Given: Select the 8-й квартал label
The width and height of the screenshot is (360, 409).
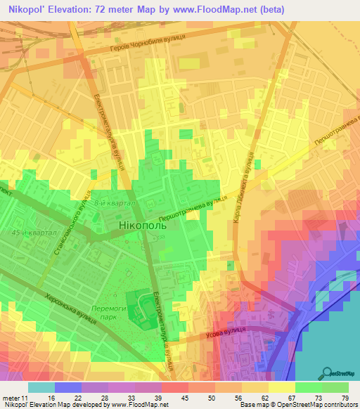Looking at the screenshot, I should [x=112, y=203].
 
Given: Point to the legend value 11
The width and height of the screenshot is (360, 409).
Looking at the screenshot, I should [x=25, y=398].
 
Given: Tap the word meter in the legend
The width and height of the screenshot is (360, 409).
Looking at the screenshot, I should [x=11, y=398].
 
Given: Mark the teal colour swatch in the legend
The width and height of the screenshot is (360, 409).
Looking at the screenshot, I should [x=41, y=387].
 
